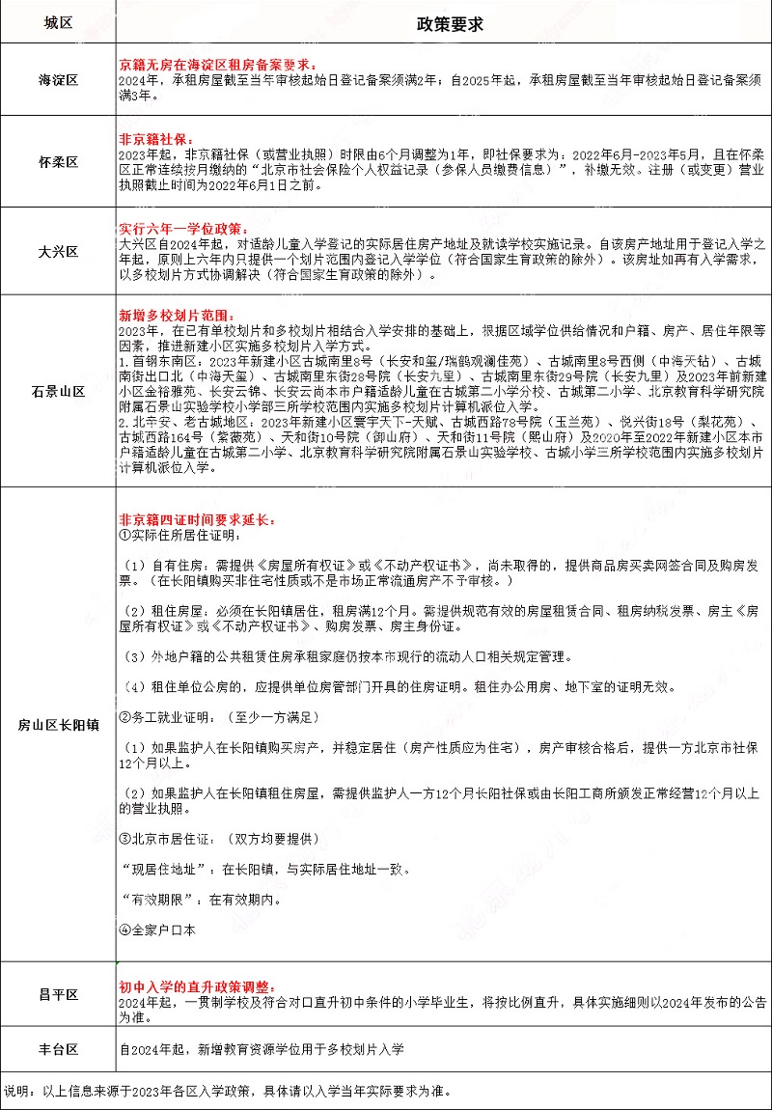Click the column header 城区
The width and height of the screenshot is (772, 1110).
tap(58, 21)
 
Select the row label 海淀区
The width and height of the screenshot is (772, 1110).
tap(58, 79)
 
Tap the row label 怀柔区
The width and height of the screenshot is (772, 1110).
tap(58, 160)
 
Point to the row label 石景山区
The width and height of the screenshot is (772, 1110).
tap(58, 391)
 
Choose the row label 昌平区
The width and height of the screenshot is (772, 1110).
tap(58, 995)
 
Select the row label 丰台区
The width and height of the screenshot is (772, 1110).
tap(58, 1049)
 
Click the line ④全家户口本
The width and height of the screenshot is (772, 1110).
tap(156, 930)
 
